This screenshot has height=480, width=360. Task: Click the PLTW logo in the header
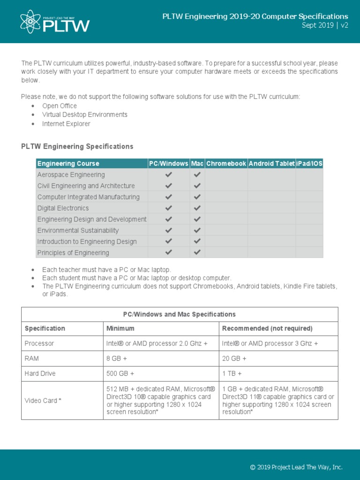point(55,22)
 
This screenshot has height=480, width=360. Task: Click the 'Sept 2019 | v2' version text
point(325,26)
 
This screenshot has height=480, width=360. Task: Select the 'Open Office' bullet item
point(60,106)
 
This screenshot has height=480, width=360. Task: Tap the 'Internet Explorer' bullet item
point(66,124)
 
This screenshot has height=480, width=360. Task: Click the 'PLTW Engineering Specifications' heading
point(77,146)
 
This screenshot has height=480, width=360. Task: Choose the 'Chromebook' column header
point(226,164)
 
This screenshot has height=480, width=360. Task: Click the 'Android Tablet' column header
point(272,164)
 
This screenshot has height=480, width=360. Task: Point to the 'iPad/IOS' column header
point(309,164)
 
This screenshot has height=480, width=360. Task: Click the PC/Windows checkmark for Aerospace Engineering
point(169,174)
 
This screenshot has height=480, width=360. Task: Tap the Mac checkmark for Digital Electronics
point(197,208)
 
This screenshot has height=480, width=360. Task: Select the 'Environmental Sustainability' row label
point(78,230)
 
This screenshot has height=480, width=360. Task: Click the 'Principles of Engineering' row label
point(73,253)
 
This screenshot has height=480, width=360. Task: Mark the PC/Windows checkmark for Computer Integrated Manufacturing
point(169,197)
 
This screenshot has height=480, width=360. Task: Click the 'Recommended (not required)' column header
point(267,328)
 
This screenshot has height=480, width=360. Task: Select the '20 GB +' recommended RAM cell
point(234,359)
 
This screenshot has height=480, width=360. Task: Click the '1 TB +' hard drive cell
point(232,374)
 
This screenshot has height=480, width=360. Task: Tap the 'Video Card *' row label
point(43,400)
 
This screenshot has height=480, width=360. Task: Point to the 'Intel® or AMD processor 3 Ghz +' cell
point(270,343)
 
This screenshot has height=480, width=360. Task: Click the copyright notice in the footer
point(296,467)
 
